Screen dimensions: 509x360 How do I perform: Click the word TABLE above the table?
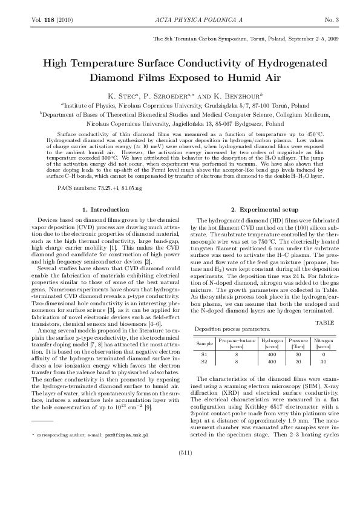coord(325,322)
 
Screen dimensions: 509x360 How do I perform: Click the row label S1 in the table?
coord(204,354)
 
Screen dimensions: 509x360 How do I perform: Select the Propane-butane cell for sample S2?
coord(237,361)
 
